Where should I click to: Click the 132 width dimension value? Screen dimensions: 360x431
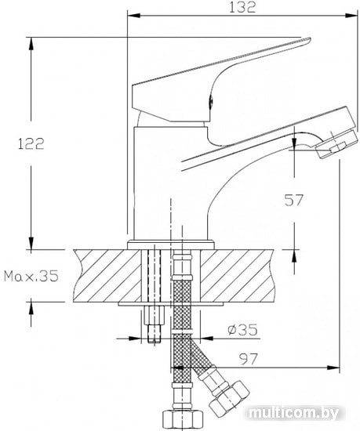click(x=242, y=7)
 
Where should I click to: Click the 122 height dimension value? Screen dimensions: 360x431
click(x=31, y=143)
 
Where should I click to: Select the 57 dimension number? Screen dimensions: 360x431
click(x=293, y=200)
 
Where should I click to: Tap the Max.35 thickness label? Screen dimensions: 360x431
click(x=31, y=276)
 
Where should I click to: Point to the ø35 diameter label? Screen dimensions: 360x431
click(x=243, y=329)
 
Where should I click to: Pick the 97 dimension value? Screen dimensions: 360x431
click(x=249, y=358)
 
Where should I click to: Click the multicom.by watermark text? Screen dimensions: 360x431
click(x=293, y=412)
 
